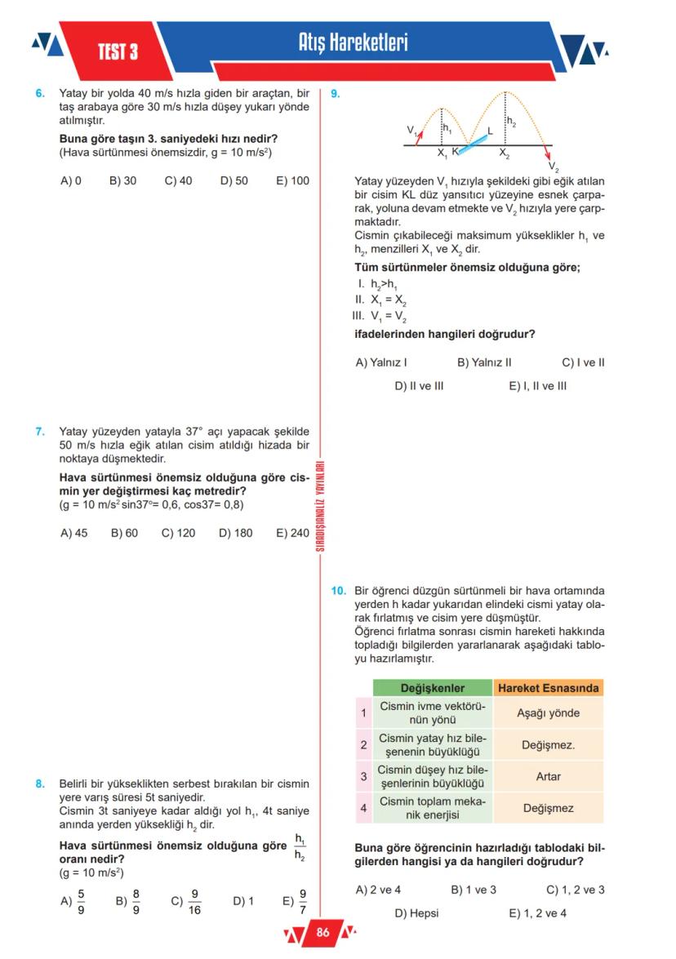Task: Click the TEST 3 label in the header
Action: click(118, 52)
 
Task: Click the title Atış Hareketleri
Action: click(353, 42)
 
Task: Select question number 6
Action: click(40, 94)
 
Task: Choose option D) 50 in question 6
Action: click(233, 180)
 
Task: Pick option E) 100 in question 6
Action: click(293, 180)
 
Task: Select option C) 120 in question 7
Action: click(178, 534)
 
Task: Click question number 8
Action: click(40, 784)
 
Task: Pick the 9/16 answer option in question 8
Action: click(186, 902)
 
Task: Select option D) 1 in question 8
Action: click(243, 902)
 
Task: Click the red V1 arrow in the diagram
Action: click(420, 136)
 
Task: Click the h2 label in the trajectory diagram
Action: click(511, 122)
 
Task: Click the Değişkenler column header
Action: click(432, 688)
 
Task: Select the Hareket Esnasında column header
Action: click(548, 688)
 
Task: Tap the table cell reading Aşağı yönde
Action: click(548, 713)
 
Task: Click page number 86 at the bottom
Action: click(322, 933)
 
